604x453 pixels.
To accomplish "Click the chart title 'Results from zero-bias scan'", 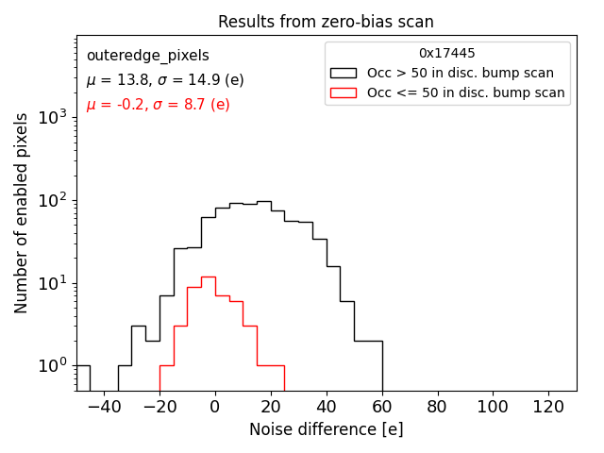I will [326, 22].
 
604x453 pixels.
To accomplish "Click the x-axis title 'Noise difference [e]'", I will [326, 429].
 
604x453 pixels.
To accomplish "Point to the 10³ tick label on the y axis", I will [54, 118].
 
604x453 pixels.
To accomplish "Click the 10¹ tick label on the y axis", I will [54, 283].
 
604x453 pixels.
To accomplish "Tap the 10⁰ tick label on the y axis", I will [54, 366].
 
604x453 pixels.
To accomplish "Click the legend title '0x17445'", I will [447, 54].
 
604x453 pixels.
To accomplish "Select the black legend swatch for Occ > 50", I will [344, 73].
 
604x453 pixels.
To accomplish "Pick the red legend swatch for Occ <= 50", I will [344, 92].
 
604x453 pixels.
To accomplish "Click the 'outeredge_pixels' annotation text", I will [147, 57].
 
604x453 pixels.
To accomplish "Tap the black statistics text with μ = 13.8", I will [164, 80].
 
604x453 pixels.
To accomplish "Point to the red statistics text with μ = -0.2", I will [158, 105].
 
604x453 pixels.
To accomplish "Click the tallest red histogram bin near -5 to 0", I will [209, 330].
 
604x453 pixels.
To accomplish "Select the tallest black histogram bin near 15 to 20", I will [264, 293].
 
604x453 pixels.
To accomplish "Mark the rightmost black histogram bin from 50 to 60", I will [368, 363].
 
